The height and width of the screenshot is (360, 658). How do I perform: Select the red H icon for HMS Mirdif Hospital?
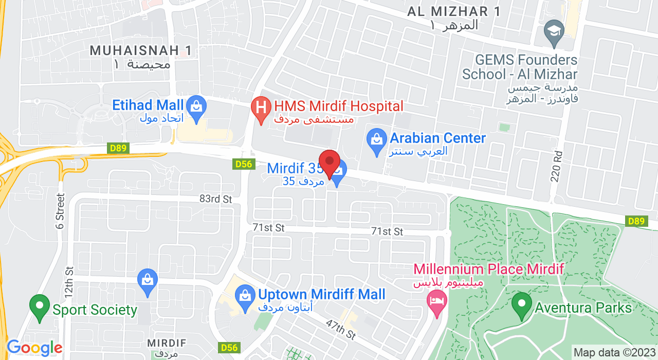click(261, 108)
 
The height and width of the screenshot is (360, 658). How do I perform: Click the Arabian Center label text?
click(437, 138)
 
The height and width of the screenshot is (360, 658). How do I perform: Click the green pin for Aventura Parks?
click(521, 305)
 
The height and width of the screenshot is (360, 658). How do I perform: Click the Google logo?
click(34, 348)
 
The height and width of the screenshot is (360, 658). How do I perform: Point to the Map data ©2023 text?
click(614, 353)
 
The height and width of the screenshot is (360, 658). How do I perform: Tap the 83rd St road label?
click(216, 199)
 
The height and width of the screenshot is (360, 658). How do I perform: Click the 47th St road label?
click(341, 329)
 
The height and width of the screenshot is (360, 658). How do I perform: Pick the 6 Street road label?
click(60, 211)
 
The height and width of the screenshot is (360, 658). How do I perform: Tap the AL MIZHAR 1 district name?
click(454, 11)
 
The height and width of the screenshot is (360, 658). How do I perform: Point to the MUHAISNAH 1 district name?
click(141, 50)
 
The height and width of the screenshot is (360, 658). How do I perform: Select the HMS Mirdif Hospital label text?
click(338, 106)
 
